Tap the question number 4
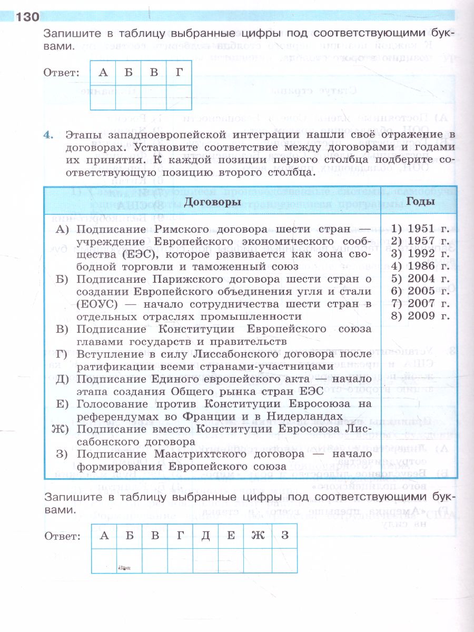point(50,135)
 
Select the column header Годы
point(420,202)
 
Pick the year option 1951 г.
point(420,229)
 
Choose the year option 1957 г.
point(420,241)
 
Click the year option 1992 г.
point(420,253)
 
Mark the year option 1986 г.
point(420,266)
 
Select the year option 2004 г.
point(420,279)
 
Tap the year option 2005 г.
point(420,291)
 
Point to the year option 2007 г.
point(420,303)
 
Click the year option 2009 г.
point(420,316)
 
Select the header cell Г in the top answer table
point(179,73)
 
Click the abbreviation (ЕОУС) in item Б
point(96,304)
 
